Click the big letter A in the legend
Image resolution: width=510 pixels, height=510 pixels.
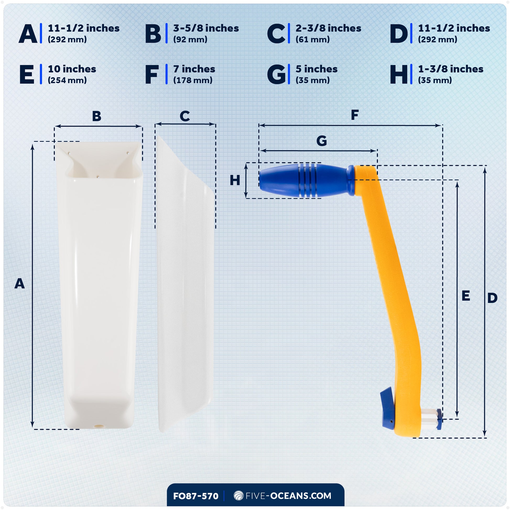pos(28,34)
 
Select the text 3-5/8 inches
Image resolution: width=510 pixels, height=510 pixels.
pos(206,28)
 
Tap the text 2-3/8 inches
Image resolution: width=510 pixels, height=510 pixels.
pos(328,28)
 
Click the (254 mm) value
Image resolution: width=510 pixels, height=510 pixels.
pos(67,80)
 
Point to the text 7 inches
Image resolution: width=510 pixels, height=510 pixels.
pos(194,69)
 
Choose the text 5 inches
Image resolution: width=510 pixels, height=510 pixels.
pos(317,69)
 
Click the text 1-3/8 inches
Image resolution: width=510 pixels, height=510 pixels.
pos(451,69)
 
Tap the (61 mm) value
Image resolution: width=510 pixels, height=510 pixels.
pos(313,39)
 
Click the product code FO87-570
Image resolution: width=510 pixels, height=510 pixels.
pos(196,496)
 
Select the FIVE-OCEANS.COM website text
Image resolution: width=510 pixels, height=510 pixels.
pos(288,496)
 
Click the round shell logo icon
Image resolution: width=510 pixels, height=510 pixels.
pos(239,496)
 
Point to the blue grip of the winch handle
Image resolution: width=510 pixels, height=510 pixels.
pos(306,181)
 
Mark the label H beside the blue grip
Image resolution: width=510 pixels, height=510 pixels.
pos(235,181)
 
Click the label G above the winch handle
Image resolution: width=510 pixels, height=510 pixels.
pos(322,141)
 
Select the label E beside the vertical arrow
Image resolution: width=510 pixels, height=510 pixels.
pos(466,296)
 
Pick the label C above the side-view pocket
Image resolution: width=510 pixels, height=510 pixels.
pos(185,116)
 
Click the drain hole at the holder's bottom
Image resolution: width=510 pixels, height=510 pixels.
pos(99,426)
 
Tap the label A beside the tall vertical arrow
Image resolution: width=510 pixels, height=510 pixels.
pos(20,284)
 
